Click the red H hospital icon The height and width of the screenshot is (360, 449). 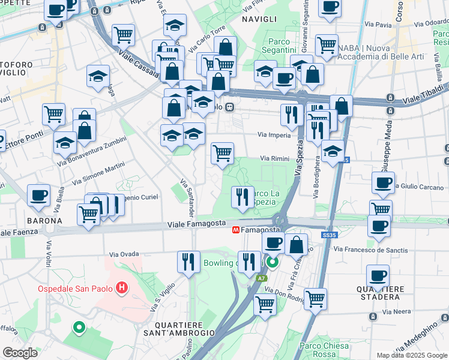click(x=122, y=289)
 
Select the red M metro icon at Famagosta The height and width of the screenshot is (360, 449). click(x=236, y=230)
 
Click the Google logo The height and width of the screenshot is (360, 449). click(x=20, y=353)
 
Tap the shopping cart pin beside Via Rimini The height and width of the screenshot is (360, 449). click(x=222, y=153)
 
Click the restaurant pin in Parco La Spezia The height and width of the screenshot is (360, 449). click(x=243, y=197)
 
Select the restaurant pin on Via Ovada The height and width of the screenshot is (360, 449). click(x=188, y=262)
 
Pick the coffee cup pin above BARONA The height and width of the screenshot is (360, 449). click(x=38, y=195)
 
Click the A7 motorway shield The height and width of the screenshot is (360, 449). click(x=262, y=278)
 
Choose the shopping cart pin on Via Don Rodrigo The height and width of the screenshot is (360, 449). click(x=315, y=298)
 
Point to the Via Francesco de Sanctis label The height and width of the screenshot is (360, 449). click(x=370, y=250)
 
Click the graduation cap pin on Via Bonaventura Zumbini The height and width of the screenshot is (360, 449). click(x=65, y=143)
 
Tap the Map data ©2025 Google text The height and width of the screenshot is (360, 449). click(x=412, y=355)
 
